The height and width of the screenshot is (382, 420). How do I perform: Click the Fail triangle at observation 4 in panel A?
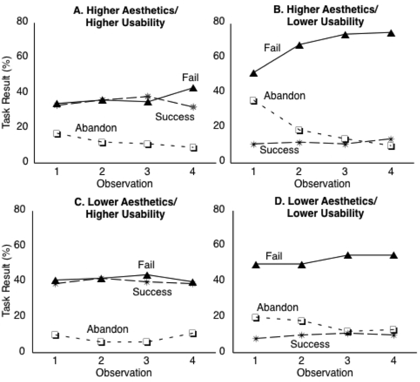pos(193,88)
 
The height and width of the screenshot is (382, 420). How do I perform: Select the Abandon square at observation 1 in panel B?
pos(253,100)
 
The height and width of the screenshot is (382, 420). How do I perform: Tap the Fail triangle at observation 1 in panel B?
pos(253,73)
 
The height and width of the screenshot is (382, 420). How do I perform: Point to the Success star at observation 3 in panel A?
pos(147,96)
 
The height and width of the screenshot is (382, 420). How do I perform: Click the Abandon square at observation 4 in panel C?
pos(193,333)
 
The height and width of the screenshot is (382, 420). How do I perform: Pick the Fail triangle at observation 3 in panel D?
pos(348,255)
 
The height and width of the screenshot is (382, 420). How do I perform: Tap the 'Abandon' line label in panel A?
pos(96,128)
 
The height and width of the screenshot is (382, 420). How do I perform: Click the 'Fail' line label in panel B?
pos(272,48)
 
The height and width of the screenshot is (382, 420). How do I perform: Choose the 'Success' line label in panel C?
pos(152,292)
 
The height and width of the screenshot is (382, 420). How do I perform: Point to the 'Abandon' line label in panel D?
pos(278,307)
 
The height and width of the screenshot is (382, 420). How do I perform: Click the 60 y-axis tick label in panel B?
pos(219,56)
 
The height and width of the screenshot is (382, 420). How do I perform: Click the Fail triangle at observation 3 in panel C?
pos(147,275)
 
